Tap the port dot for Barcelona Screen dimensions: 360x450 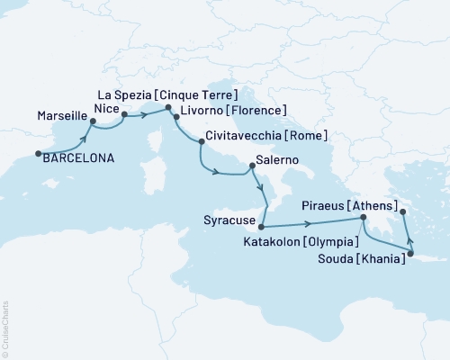pos(38,153)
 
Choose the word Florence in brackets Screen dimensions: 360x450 pos(256,111)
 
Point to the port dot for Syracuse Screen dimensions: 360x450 pos(260,228)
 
